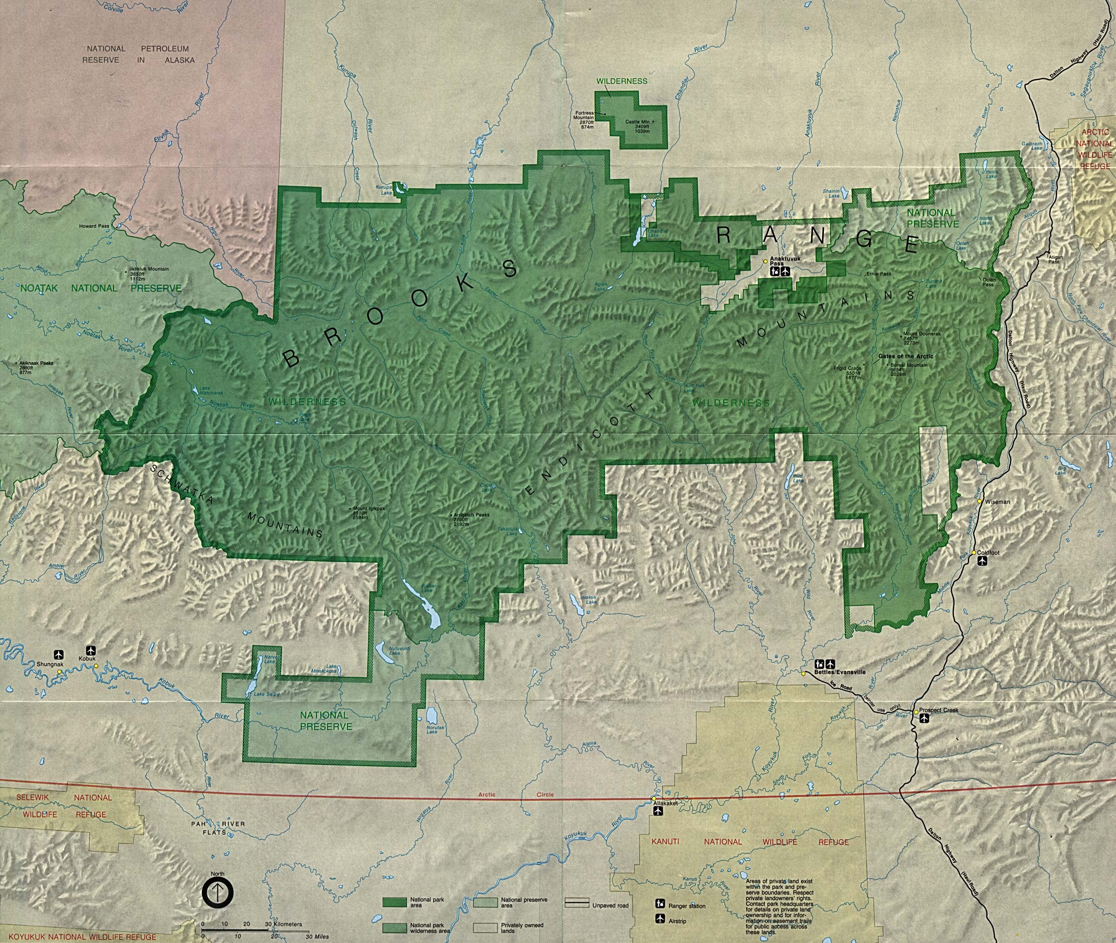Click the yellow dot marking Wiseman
(979, 501)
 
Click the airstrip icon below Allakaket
(658, 811)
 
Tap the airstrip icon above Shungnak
(59, 654)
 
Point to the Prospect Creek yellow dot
(915, 712)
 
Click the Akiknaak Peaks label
(35, 363)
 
